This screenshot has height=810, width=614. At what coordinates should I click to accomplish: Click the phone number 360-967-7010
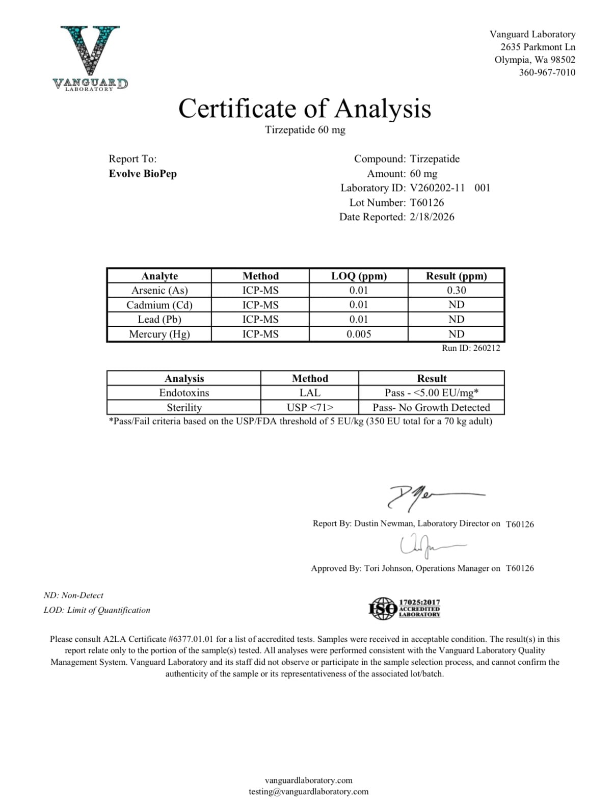[547, 72]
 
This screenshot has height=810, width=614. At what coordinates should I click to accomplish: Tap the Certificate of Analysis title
[305, 109]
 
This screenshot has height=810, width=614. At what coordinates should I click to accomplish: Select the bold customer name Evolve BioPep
[143, 174]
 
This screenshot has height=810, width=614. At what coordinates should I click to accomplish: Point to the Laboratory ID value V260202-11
[437, 188]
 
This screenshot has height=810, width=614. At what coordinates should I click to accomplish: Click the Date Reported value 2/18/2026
[432, 217]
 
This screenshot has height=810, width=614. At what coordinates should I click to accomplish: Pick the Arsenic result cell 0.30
[456, 291]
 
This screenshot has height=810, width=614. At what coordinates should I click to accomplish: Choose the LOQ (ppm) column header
[359, 276]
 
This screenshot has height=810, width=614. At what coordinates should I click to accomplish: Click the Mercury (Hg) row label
[159, 334]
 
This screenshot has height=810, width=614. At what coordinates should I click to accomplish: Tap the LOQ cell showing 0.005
[359, 334]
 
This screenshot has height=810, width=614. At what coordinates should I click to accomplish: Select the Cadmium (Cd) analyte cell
[159, 305]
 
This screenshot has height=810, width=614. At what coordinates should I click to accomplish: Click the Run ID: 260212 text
[471, 348]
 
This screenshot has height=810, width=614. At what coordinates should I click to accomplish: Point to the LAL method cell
[310, 393]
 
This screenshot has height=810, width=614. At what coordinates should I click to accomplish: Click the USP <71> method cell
[310, 408]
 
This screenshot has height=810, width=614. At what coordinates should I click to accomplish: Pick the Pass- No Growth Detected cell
[431, 408]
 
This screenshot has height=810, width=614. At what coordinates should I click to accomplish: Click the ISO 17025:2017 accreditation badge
[405, 609]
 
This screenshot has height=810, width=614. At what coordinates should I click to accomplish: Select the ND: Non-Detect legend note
[73, 595]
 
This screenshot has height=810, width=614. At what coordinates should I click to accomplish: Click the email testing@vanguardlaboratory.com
[308, 792]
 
